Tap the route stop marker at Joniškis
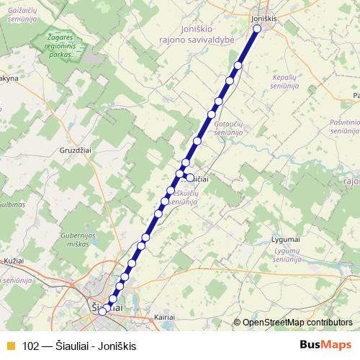pyautogui.click(x=258, y=29)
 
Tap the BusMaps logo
pyautogui.click(x=325, y=345)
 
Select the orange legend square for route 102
pyautogui.click(x=11, y=346)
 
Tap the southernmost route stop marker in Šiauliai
pyautogui.click(x=103, y=311)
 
